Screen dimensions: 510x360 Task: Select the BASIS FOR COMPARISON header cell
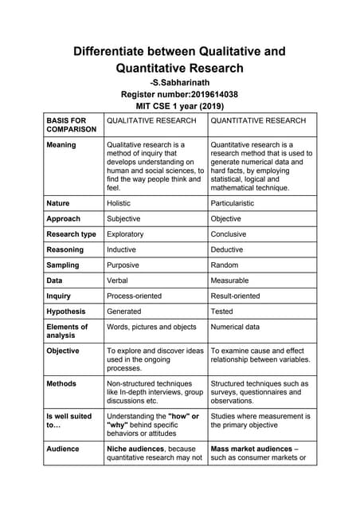coord(72,124)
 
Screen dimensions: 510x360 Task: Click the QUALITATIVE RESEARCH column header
coord(151,120)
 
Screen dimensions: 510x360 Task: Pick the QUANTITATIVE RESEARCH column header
coord(258,120)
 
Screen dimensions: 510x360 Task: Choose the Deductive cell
coord(227,249)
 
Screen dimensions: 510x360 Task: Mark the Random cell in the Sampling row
coord(225,265)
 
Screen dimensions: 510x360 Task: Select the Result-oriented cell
coord(235,296)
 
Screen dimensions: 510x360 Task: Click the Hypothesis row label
coord(66,311)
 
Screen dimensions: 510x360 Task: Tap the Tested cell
coord(222,311)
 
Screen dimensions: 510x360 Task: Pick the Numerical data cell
coord(235,327)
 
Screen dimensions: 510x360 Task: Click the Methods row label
coord(61,383)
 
